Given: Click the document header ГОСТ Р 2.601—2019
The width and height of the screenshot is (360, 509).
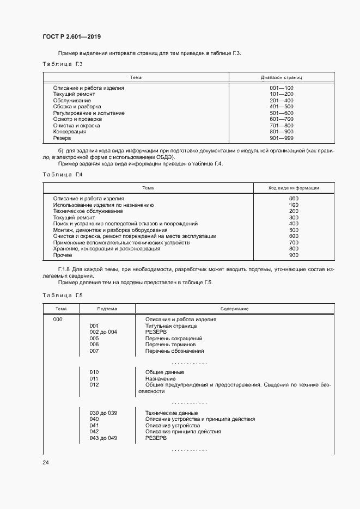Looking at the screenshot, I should click(x=71, y=37).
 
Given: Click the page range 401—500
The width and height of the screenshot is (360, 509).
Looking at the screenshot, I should click(x=281, y=107).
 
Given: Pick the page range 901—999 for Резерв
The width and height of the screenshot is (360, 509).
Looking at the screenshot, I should click(x=281, y=138).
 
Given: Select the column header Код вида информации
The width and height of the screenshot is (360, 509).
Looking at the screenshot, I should click(x=294, y=188).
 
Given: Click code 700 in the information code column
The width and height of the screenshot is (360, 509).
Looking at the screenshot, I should click(x=294, y=242).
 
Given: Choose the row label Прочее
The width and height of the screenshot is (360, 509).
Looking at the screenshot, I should click(x=62, y=255).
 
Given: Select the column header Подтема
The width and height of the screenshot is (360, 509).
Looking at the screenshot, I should click(x=107, y=309).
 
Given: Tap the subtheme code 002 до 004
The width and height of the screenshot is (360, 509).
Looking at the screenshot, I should click(x=103, y=332).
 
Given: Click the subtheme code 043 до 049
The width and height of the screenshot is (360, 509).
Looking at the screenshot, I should click(x=103, y=438).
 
